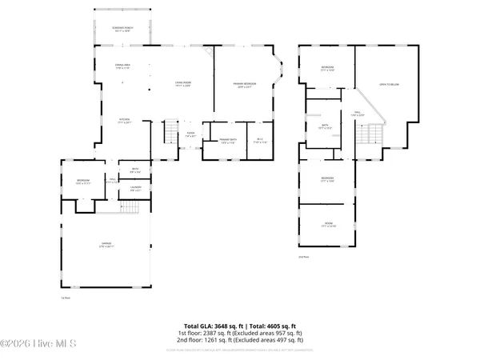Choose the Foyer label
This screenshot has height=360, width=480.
(x=190, y=134)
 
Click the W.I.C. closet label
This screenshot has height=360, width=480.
(x=259, y=142)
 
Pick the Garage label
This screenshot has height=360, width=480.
(x=106, y=245)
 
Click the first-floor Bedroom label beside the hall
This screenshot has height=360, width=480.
(x=82, y=183)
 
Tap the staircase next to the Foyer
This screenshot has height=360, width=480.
(x=171, y=132)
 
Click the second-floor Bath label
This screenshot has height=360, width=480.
(x=324, y=126)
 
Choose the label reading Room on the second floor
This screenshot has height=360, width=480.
(x=328, y=225)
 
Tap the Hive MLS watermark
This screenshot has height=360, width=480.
(x=38, y=345)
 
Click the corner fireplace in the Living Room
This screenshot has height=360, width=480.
(x=209, y=52)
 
